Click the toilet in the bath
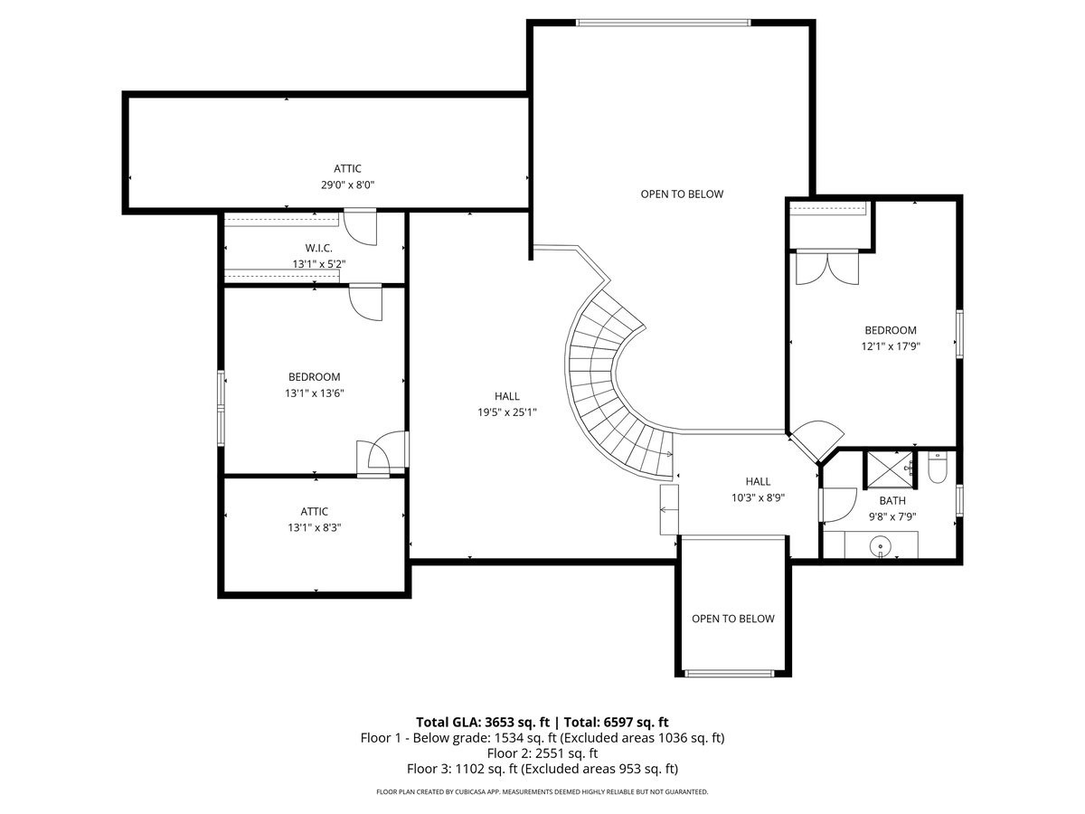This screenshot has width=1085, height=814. [x=937, y=469]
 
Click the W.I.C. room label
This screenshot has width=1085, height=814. [x=319, y=248]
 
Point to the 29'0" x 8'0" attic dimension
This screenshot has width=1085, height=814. [x=347, y=185]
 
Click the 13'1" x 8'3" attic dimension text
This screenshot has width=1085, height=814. [x=314, y=527]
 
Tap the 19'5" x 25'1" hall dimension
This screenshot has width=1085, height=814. [x=506, y=412]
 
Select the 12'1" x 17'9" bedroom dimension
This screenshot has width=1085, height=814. [x=890, y=345]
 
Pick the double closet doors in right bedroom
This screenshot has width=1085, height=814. [x=826, y=268]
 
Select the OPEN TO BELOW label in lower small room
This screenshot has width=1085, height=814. [x=732, y=619]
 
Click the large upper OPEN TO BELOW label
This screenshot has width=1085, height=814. [x=682, y=194]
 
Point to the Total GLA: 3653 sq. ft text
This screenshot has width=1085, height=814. [x=483, y=722]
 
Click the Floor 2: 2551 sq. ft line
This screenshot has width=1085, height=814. [x=542, y=752]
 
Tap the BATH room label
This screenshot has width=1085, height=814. [x=892, y=500]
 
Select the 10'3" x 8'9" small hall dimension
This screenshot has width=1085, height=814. [x=758, y=497]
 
